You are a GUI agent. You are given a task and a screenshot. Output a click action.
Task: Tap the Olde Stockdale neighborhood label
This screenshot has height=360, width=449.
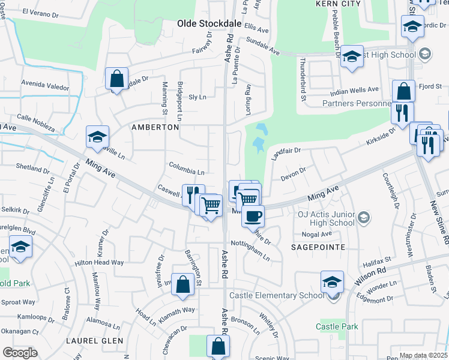click(208, 24)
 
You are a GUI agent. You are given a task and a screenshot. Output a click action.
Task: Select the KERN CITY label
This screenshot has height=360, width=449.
click(338, 4)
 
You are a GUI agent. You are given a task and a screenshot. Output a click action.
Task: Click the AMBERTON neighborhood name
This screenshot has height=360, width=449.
click(155, 128)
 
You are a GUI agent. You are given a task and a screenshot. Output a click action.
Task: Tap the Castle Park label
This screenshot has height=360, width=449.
click(337, 326)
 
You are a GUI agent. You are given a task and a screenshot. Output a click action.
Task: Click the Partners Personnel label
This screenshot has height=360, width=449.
click(357, 103)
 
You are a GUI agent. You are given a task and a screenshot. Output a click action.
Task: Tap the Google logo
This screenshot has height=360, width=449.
click(20, 352)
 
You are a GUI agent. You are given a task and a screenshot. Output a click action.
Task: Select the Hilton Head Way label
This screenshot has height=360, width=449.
click(99, 263)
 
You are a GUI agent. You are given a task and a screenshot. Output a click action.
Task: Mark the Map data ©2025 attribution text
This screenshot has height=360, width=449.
click(423, 355)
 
